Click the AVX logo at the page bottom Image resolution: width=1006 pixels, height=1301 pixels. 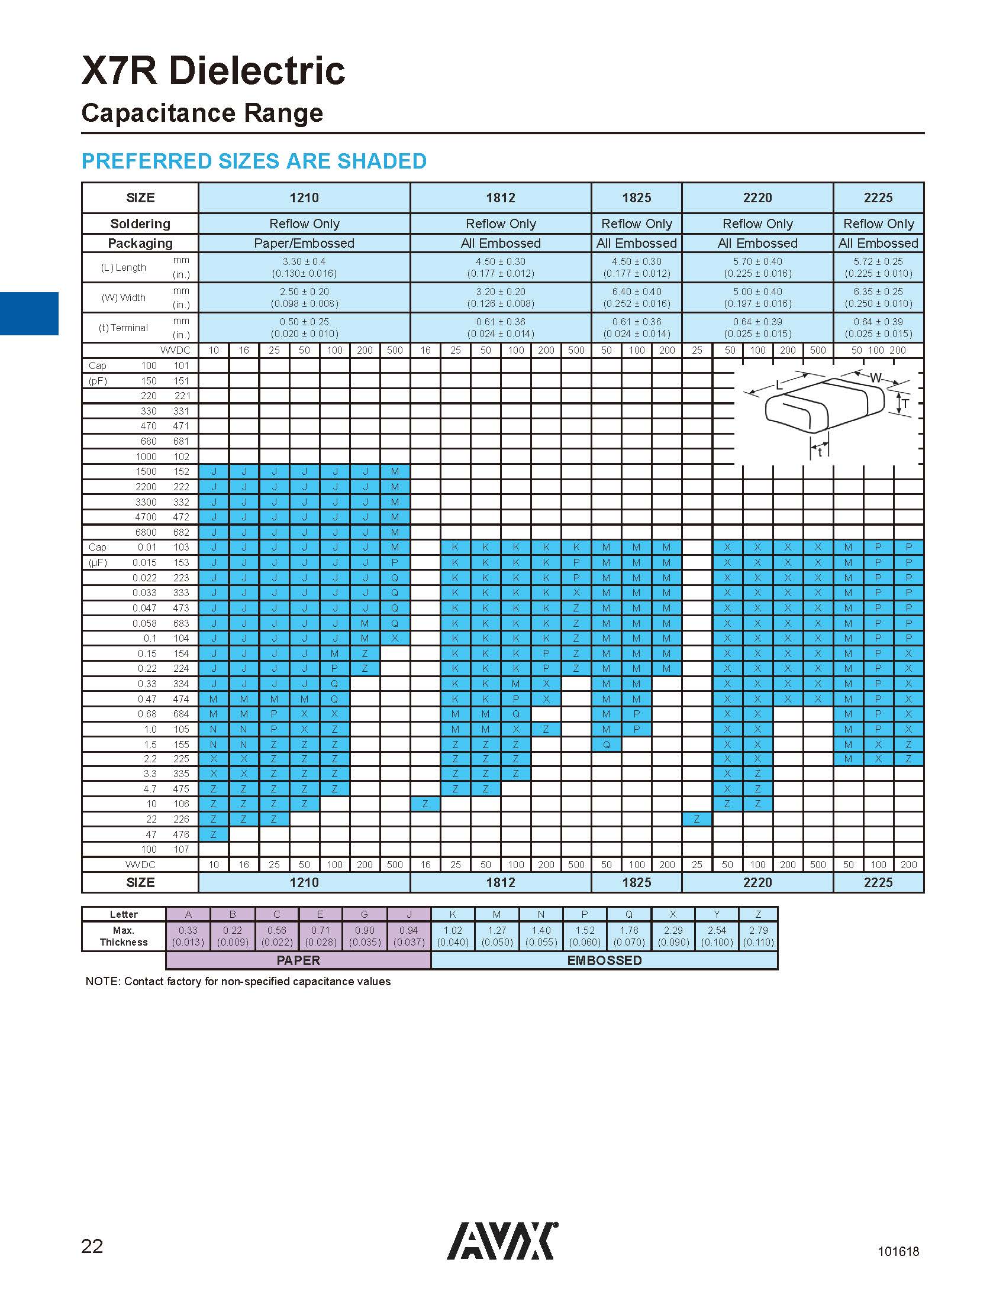tap(502, 1241)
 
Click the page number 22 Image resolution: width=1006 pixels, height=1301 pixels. tap(92, 1246)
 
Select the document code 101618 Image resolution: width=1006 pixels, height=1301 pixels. tap(898, 1251)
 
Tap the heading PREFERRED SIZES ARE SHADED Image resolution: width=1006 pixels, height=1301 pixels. tap(254, 161)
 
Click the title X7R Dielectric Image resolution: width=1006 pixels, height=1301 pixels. tap(213, 70)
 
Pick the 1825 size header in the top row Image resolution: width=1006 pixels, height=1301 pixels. tap(637, 198)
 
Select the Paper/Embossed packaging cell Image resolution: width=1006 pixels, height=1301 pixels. tap(304, 243)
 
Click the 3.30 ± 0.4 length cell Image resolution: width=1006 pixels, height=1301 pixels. tap(304, 261)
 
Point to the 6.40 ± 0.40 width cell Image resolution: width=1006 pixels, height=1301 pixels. tap(637, 292)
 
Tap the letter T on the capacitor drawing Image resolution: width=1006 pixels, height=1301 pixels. tap(905, 404)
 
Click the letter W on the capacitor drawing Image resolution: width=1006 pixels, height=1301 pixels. tap(875, 378)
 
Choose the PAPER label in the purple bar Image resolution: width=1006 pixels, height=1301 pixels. tap(298, 960)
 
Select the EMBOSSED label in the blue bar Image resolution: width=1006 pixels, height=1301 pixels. tap(604, 960)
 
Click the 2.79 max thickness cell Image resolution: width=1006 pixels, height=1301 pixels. tap(758, 936)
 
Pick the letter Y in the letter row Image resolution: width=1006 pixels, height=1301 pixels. tap(717, 914)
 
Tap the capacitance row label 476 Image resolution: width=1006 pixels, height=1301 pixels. tap(181, 834)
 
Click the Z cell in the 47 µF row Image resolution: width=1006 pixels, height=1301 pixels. tap(214, 834)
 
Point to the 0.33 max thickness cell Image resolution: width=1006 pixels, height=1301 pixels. tap(188, 936)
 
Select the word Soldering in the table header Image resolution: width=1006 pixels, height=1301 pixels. tap(140, 224)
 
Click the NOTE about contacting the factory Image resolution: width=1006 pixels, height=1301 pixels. tap(238, 981)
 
